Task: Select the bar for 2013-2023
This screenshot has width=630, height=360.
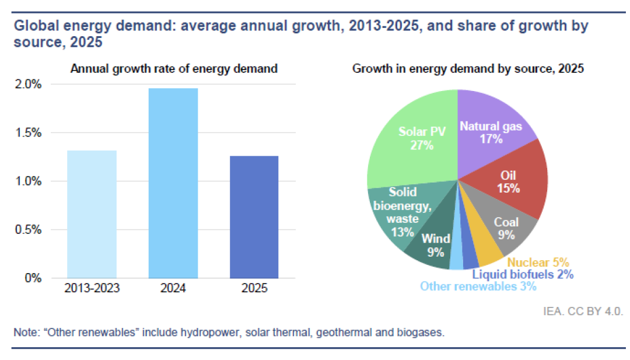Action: (x=92, y=214)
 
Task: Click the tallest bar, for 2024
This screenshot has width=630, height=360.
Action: (x=173, y=183)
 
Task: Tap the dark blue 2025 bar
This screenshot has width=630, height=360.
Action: (x=254, y=217)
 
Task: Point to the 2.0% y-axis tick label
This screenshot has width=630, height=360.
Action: (x=28, y=85)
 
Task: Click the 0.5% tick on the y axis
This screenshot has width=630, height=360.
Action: (x=28, y=230)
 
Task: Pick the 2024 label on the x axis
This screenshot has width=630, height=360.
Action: (x=173, y=288)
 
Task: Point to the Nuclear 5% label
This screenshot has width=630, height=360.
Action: (x=538, y=263)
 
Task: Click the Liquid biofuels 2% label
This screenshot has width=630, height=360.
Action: (x=523, y=274)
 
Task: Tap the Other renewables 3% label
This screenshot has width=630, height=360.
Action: (x=478, y=286)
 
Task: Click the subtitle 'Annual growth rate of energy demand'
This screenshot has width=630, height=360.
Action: (x=174, y=69)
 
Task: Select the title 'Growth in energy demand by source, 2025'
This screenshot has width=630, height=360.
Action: (x=468, y=69)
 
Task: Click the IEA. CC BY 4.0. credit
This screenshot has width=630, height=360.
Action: (x=583, y=312)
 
